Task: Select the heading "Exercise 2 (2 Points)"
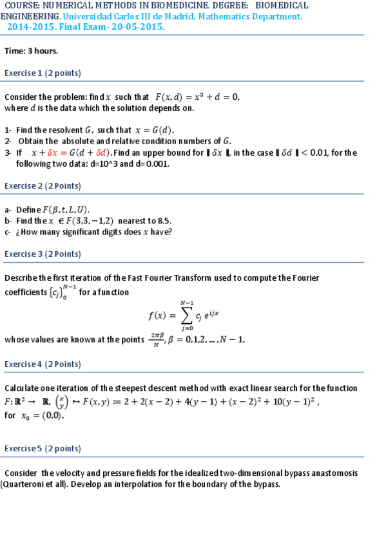point(43,186)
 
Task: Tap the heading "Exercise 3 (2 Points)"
point(43,254)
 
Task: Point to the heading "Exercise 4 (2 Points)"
point(43,364)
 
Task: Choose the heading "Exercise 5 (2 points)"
point(43,449)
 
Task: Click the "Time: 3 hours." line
point(31,51)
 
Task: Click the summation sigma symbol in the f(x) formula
point(188,315)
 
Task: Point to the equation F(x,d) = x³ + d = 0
point(198,97)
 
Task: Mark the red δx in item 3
point(53,153)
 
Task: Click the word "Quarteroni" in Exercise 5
point(24,484)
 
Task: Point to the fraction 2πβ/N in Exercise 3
point(156,339)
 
